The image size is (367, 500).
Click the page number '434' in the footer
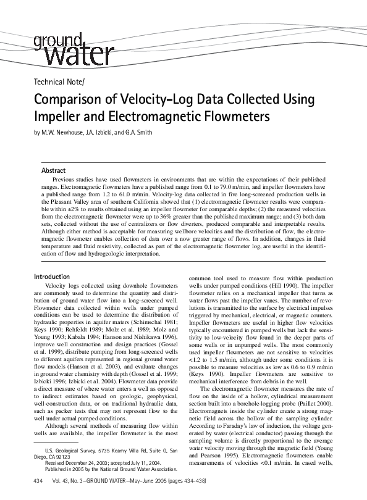click(x=38, y=481)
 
